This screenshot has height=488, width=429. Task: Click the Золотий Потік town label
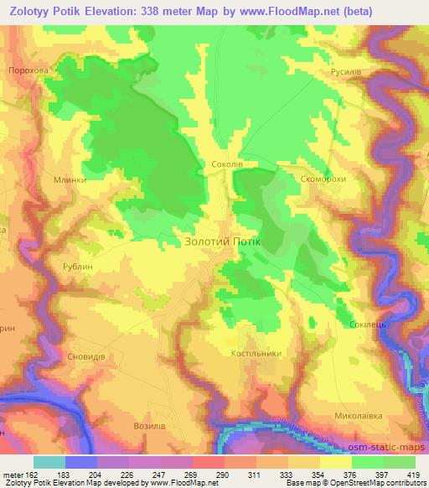pyautogui.click(x=222, y=242)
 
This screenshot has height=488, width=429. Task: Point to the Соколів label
pyautogui.click(x=227, y=164)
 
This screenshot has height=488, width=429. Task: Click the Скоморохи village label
pyautogui.click(x=323, y=179)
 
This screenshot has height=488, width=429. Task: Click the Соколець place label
pyautogui.click(x=363, y=324)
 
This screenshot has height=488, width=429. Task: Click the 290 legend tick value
pyautogui.click(x=222, y=474)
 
